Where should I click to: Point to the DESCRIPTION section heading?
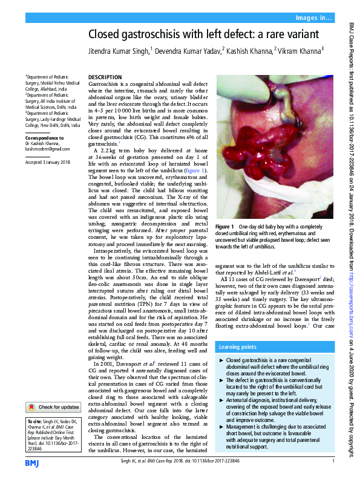click(105, 77)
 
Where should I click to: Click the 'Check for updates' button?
click(53, 390)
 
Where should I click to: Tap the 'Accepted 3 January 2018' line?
click(48, 162)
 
